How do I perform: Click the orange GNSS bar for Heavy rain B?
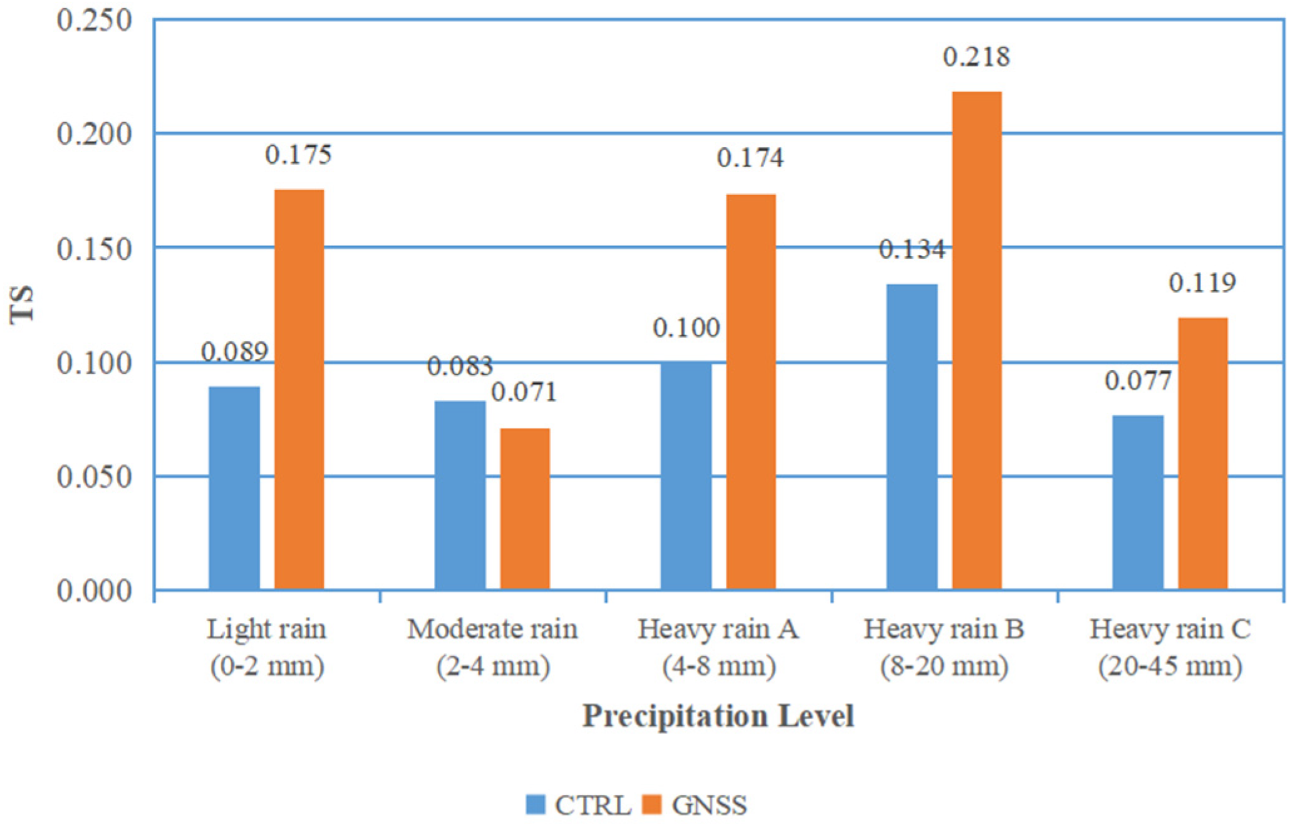click(976, 341)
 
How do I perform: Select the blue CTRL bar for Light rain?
click(234, 489)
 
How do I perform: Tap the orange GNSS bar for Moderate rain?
click(525, 509)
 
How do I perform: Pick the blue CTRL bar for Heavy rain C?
click(1138, 502)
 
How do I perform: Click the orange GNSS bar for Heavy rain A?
click(751, 391)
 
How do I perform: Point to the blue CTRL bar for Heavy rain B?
click(912, 437)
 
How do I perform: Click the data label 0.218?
click(976, 57)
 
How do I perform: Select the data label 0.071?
click(524, 392)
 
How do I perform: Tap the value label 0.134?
click(912, 249)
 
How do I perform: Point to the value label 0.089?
click(234, 352)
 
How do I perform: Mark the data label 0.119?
click(1202, 283)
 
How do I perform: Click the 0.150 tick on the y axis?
click(95, 249)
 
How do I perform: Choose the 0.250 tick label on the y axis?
click(95, 20)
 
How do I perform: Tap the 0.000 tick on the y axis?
click(95, 591)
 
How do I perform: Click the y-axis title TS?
click(22, 304)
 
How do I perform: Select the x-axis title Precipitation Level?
click(718, 715)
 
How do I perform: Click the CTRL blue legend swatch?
click(535, 804)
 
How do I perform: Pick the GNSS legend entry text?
click(709, 805)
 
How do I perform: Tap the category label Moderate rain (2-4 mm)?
click(493, 647)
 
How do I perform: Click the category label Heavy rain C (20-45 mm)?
click(1170, 647)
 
